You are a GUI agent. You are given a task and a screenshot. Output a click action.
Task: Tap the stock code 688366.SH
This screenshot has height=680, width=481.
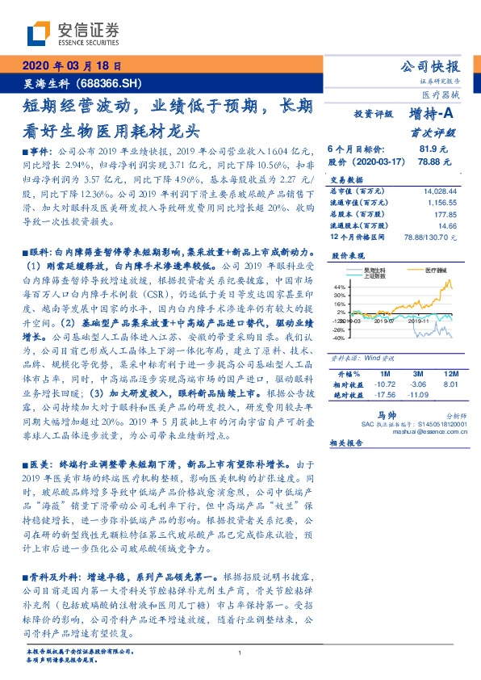click(x=109, y=82)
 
